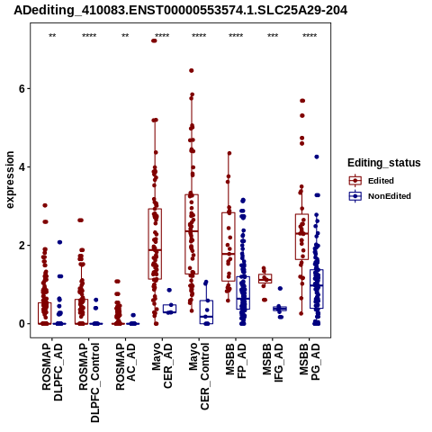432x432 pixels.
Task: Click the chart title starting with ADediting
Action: coord(180,10)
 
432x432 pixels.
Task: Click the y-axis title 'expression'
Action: coord(10,180)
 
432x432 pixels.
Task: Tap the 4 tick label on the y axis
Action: coord(21,166)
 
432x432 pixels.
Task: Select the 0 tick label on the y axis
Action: coord(21,324)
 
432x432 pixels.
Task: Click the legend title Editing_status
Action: coord(384,163)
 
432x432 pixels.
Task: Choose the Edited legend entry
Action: coord(371,181)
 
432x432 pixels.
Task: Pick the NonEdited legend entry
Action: coord(380,196)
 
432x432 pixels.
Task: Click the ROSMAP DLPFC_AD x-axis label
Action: coord(52,372)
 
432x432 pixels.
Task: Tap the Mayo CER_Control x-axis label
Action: coord(199,376)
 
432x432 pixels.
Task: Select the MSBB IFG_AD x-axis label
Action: coord(273,363)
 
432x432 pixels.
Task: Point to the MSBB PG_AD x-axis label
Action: coord(310,362)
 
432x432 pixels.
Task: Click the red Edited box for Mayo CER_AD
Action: coord(155,244)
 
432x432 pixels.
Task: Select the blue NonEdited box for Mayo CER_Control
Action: coord(206,312)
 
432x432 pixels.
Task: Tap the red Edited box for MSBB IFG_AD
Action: coord(265,279)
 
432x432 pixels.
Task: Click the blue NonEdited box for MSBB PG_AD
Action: coord(317,289)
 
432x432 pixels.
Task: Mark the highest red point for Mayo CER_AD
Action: coord(154,40)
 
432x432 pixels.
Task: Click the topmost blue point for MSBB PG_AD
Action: coord(317,157)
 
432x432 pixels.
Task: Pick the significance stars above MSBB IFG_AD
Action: coord(273,36)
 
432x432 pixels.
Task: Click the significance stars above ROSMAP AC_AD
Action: coord(125,36)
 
